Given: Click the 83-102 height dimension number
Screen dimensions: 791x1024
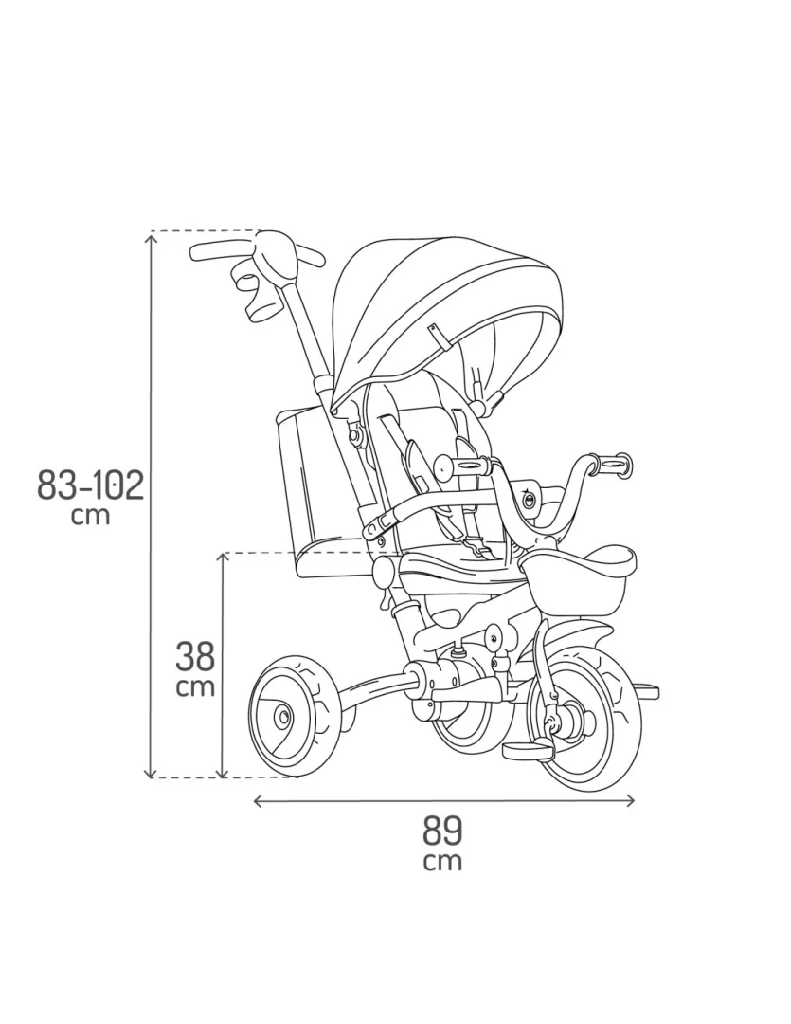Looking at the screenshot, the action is coord(90,485).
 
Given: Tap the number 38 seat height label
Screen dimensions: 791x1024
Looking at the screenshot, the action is coord(195,656).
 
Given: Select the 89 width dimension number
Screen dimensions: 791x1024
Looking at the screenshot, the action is coord(442,831).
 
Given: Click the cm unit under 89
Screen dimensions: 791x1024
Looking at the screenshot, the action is coord(442,861).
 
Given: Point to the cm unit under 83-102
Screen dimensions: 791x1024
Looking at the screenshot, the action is coord(90,515).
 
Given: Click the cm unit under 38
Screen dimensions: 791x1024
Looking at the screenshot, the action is coord(195,687).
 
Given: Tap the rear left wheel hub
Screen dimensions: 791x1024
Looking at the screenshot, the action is coord(283,717).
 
